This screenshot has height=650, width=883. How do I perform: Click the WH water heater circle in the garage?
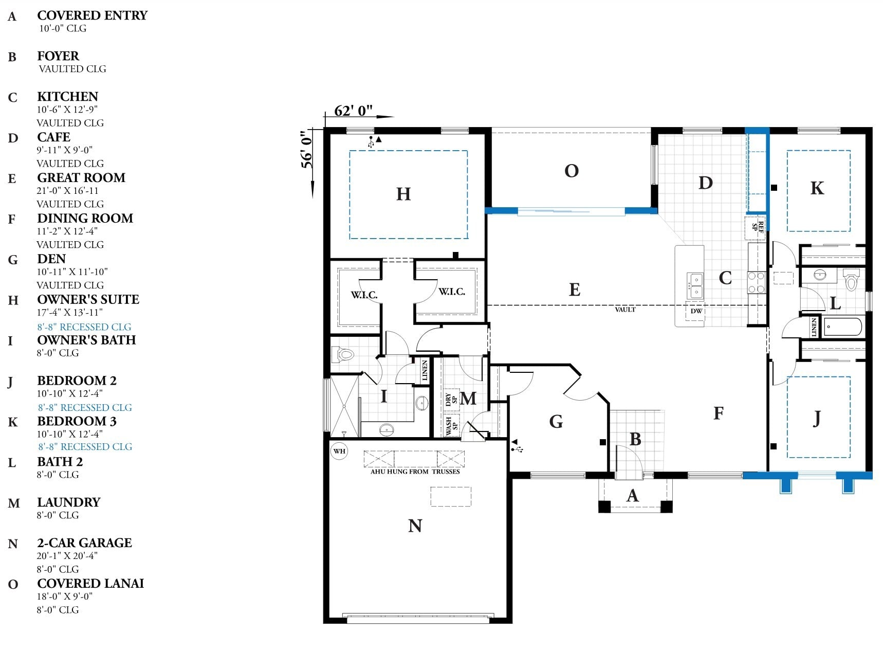point(339,451)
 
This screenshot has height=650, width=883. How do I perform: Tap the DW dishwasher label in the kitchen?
point(696,311)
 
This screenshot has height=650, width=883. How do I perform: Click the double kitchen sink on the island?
point(695,286)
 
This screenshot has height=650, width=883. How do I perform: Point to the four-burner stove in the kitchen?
point(756,283)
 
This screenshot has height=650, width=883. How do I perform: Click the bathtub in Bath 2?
point(843,327)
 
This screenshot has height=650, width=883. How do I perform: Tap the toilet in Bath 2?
point(851,279)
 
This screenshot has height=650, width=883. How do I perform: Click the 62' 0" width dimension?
point(354,111)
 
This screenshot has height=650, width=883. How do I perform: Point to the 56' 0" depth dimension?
point(307,149)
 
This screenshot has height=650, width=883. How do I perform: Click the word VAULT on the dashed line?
point(625,310)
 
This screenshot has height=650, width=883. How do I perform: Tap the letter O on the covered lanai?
point(572,171)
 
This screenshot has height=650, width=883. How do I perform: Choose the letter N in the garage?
point(415,526)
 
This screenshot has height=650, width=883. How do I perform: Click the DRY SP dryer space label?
point(451,399)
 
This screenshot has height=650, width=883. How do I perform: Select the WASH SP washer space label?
point(451,426)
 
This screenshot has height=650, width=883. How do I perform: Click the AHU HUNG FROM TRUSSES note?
point(415,471)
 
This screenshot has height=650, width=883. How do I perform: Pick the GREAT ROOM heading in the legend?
point(81,177)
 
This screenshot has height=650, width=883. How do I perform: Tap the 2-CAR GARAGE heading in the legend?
point(84,543)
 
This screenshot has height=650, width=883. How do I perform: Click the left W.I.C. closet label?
point(364,295)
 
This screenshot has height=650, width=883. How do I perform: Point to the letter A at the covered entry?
point(633,496)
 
